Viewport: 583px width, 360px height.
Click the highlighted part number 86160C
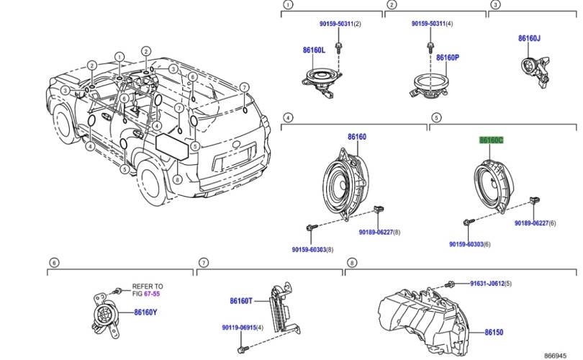click(x=492, y=140)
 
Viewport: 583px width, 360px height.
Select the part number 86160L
click(x=314, y=50)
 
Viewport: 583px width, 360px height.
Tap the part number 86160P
click(x=447, y=57)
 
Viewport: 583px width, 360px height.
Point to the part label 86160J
click(x=529, y=38)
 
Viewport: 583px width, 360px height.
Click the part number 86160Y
click(x=145, y=312)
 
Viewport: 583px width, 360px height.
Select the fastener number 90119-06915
click(x=238, y=328)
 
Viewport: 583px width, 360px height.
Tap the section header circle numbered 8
click(x=351, y=263)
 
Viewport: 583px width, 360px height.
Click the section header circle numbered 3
click(x=495, y=5)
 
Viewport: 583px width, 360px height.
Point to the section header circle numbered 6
click(x=53, y=263)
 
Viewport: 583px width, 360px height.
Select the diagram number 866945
click(x=561, y=355)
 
